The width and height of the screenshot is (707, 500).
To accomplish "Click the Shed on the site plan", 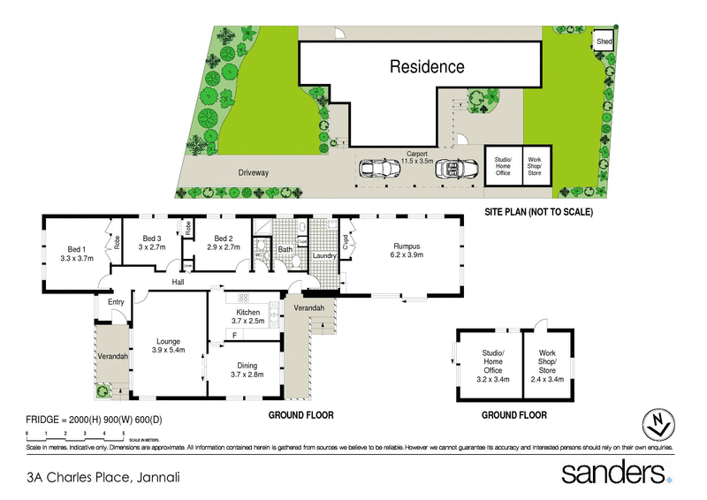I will pos(604,42).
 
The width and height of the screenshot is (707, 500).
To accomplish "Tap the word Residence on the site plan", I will pos(428,66).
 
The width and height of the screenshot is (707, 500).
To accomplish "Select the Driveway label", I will pos(253,172).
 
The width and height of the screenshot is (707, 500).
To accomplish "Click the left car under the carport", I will pos(377,168).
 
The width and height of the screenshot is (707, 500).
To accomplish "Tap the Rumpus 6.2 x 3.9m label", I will pos(407,251).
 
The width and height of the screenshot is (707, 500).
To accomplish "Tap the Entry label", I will pos(117,303).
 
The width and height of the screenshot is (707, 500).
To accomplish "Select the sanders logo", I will pos(613,473).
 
